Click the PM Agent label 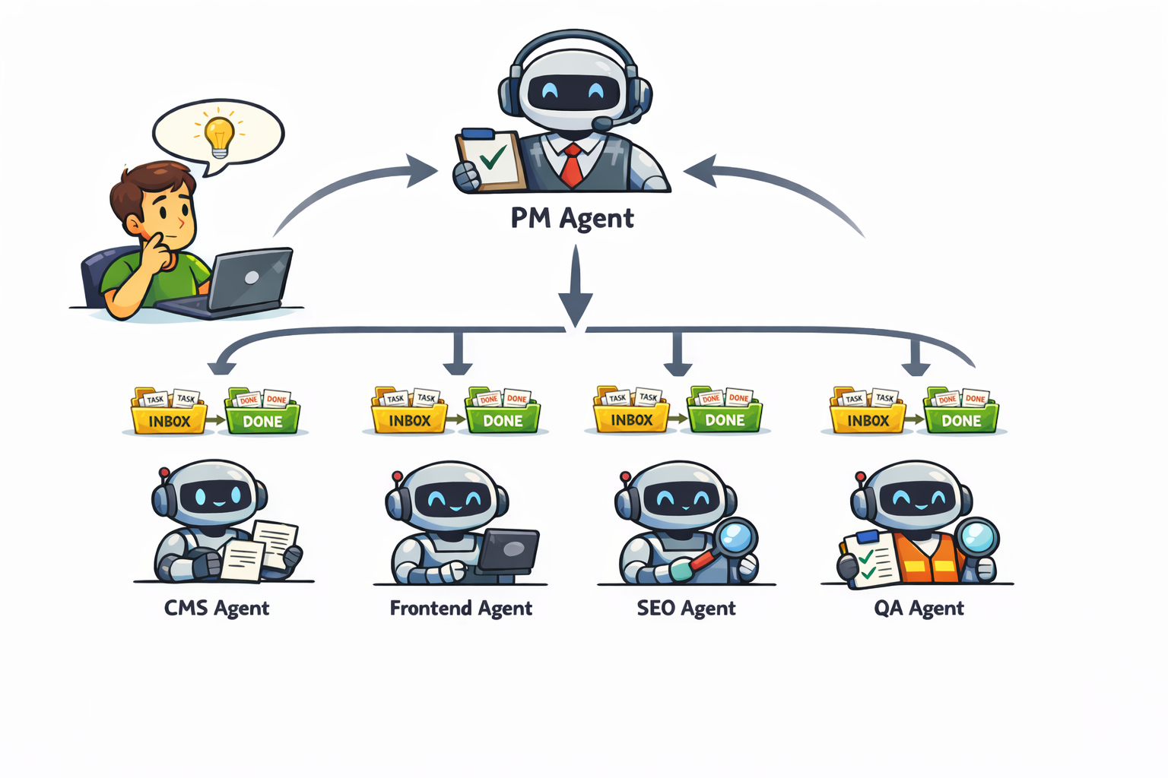[x=572, y=218]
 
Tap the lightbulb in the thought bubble [x=220, y=135]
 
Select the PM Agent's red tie [x=571, y=165]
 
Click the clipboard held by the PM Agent [x=490, y=158]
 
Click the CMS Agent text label [x=217, y=609]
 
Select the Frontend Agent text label [x=461, y=609]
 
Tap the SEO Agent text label [x=686, y=609]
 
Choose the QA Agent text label [x=919, y=609]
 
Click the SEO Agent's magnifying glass [x=734, y=538]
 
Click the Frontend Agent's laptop [x=509, y=549]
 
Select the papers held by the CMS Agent [x=259, y=550]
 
